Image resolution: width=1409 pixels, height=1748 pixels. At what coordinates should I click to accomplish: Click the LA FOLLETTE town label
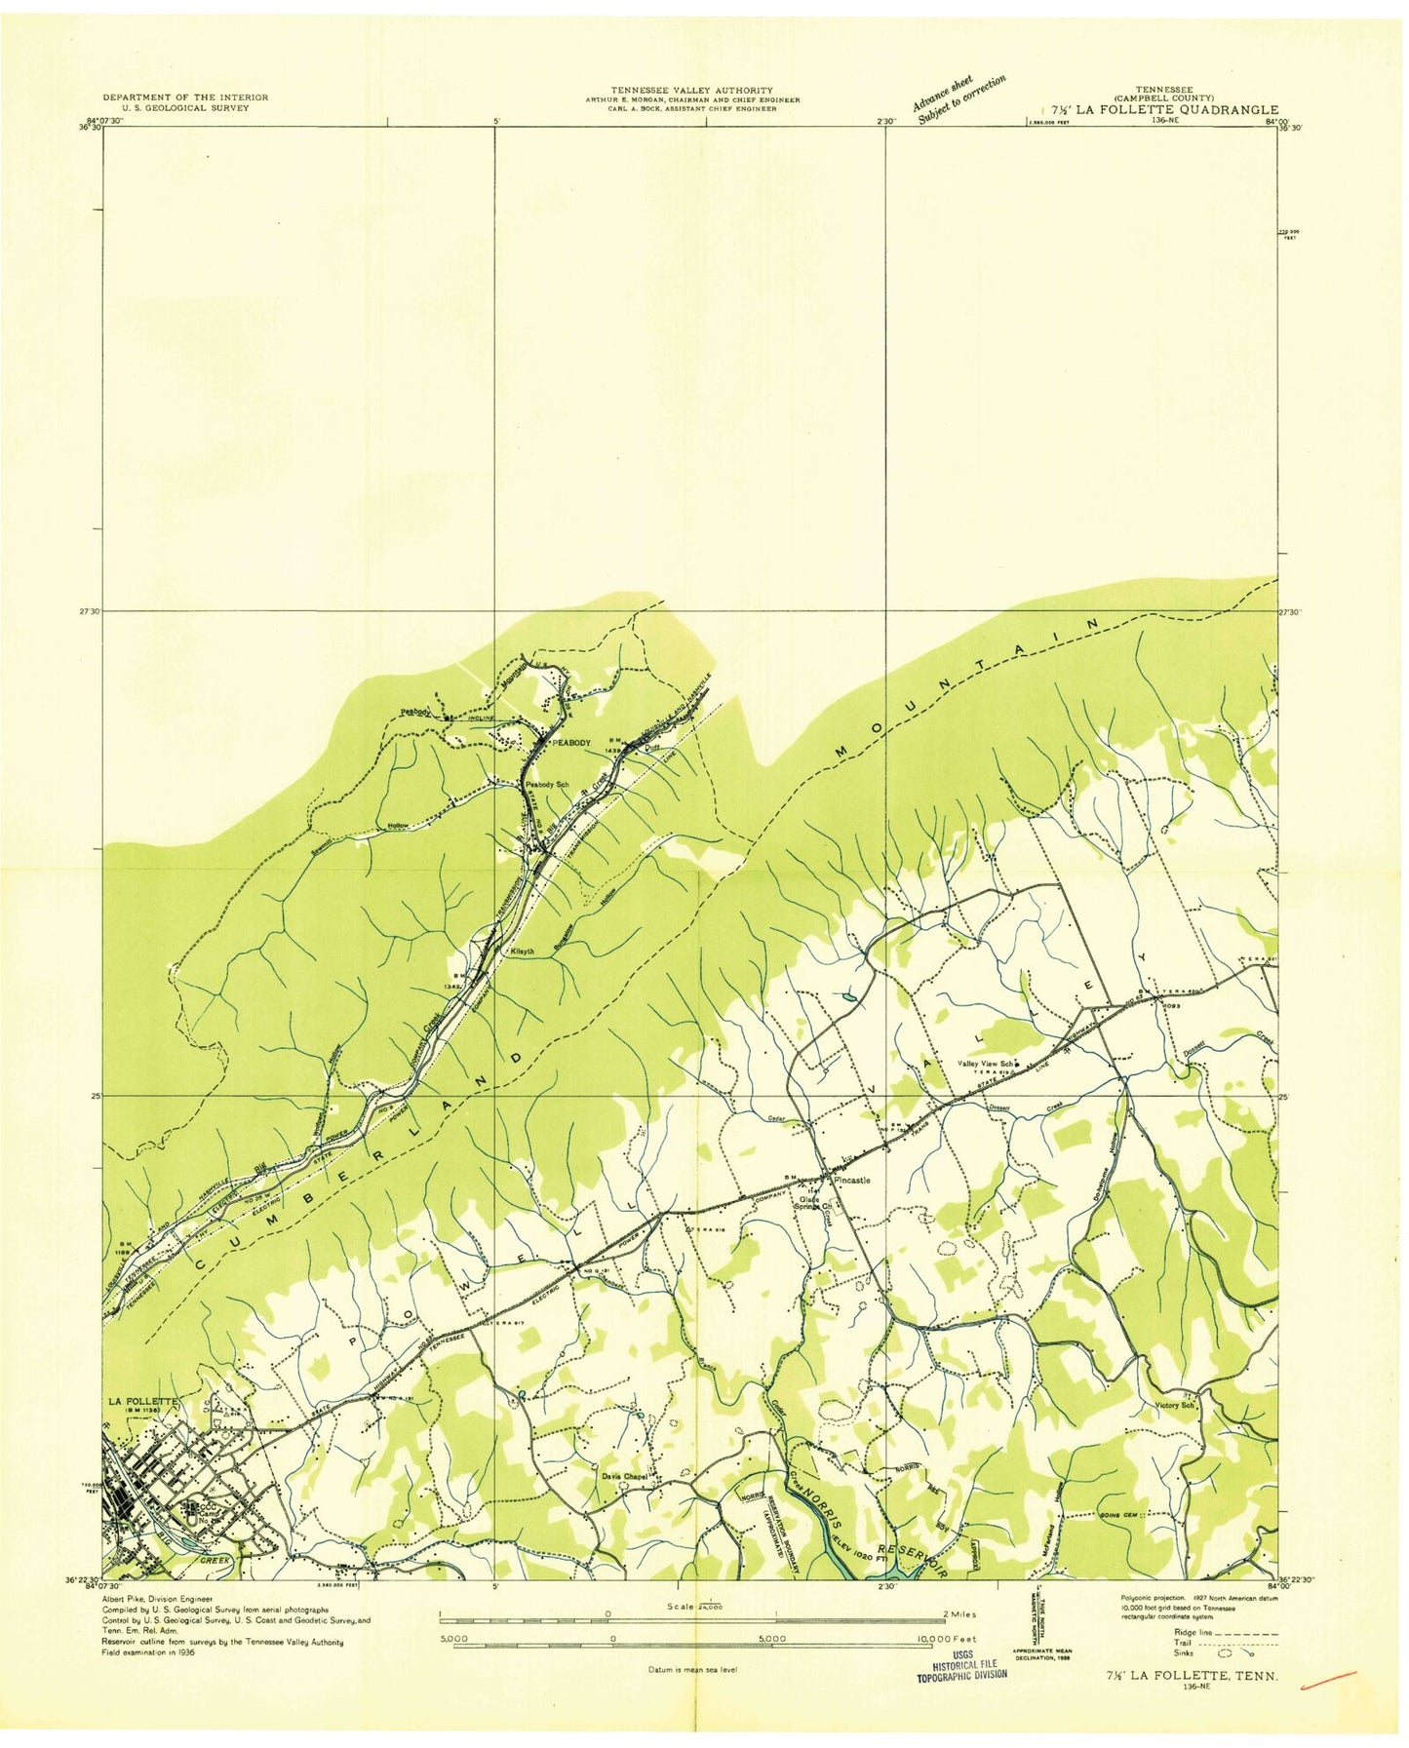click(141, 1401)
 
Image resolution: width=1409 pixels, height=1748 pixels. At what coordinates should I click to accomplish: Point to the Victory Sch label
click(1174, 1406)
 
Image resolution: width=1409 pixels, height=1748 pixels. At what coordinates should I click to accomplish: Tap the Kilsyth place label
click(523, 952)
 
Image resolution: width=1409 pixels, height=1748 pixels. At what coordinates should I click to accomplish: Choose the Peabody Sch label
click(547, 784)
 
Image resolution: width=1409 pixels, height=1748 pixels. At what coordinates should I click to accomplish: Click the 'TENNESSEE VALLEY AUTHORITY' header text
click(691, 89)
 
